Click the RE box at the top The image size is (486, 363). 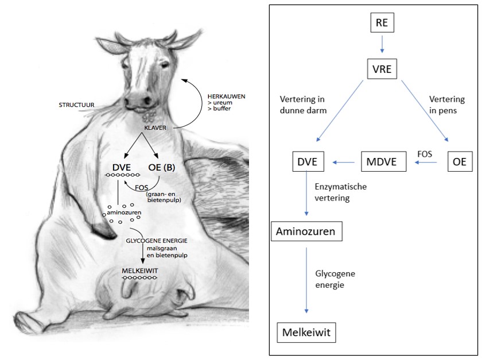click(380, 24)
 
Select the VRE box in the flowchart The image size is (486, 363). click(382, 70)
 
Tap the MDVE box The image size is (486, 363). click(383, 163)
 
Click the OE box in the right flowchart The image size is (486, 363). click(459, 163)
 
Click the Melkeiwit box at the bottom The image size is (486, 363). click(306, 332)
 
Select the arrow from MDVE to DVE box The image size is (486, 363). click(344, 163)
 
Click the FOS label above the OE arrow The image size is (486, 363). click(425, 153)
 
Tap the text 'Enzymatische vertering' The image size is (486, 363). click(341, 192)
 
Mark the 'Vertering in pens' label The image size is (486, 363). click(447, 105)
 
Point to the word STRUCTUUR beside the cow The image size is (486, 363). click(78, 105)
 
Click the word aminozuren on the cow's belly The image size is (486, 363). click(123, 212)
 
